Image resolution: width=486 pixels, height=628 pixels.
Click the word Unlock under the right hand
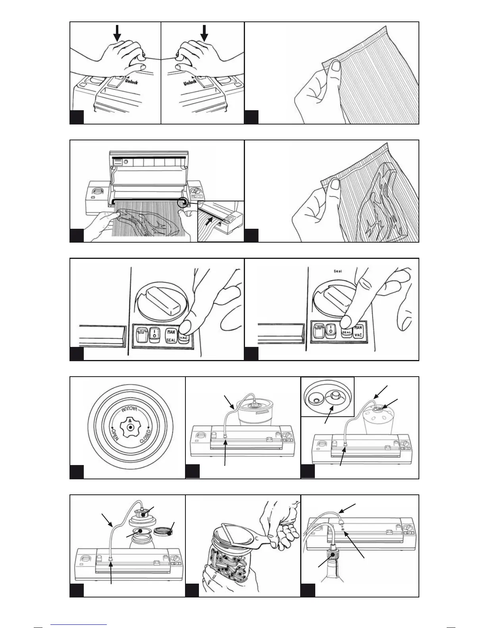(x=190, y=82)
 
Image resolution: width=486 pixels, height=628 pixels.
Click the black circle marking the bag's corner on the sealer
(x=183, y=203)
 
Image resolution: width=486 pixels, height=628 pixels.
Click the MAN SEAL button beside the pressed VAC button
(x=171, y=335)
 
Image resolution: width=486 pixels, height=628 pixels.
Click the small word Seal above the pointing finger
(x=337, y=272)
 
